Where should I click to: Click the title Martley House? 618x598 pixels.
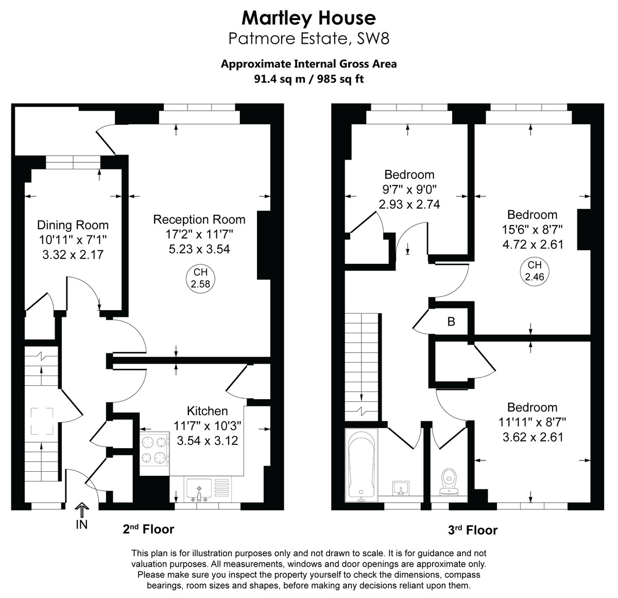308,18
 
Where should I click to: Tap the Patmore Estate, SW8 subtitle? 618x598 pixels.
308,39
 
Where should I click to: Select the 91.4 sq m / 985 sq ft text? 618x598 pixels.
308,79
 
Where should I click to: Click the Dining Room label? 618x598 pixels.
73,225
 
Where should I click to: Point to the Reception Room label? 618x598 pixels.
199,219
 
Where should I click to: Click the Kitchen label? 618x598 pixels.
207,411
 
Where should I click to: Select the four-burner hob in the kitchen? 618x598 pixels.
154,449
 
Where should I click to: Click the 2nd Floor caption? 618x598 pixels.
148,529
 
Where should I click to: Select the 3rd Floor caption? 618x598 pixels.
472,530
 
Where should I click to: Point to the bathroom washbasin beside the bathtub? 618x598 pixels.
401,487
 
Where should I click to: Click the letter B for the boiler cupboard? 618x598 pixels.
451,322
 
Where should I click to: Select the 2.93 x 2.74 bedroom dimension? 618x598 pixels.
409,204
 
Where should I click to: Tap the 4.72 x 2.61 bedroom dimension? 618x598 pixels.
533,244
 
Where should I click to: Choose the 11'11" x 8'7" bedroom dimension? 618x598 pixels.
532,422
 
